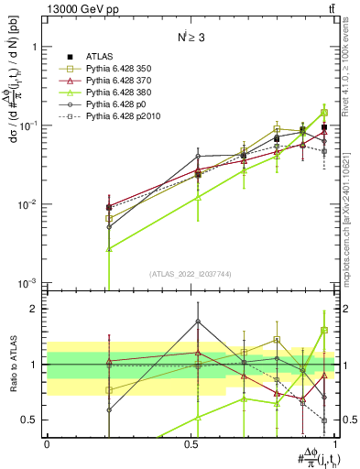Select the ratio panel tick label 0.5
31,420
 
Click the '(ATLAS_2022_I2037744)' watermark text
191,273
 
